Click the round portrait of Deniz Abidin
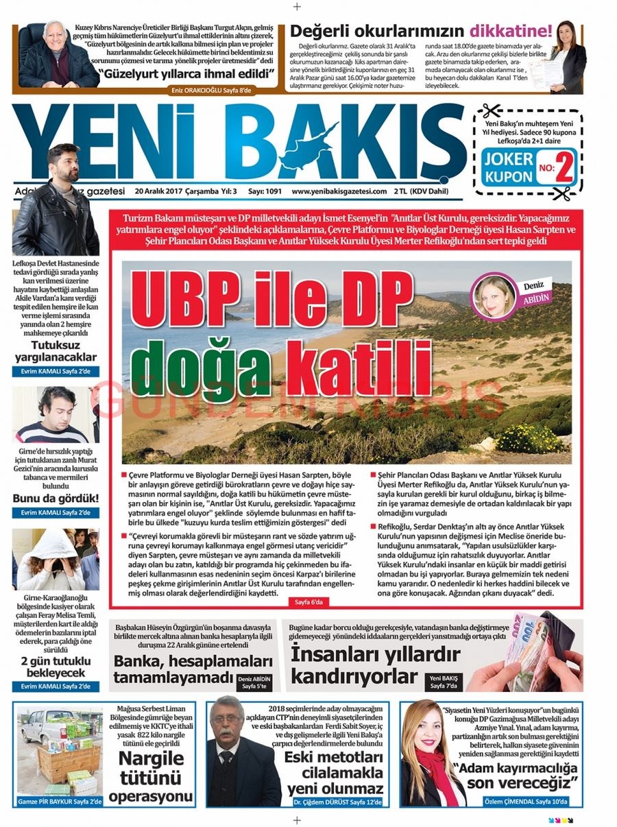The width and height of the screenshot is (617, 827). (494, 296)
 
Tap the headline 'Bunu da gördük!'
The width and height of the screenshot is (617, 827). (55, 498)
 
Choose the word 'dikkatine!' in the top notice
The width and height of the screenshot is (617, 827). (510, 31)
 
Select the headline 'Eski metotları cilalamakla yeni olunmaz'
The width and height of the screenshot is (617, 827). (335, 771)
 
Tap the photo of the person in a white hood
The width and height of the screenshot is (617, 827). (48, 559)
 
